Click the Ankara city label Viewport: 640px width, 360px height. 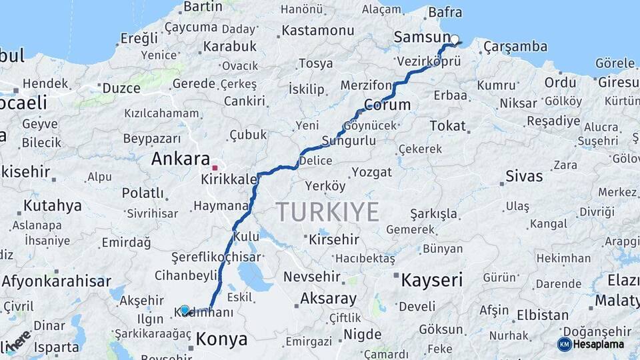click(x=181, y=159)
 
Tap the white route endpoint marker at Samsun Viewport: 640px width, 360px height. click(x=455, y=39)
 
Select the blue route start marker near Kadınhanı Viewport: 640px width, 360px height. click(x=185, y=310)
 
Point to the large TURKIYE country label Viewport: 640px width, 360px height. click(x=328, y=212)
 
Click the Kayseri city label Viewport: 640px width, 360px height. click(x=431, y=280)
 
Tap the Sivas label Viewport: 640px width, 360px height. click(x=524, y=177)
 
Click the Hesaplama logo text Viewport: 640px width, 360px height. click(x=598, y=344)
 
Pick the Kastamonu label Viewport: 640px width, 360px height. click(x=317, y=31)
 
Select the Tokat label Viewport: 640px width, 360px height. click(x=447, y=125)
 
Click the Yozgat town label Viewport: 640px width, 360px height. click(x=371, y=172)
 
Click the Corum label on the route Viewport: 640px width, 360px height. click(x=387, y=105)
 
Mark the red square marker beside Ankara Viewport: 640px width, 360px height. click(x=215, y=168)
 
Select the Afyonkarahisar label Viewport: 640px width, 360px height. click(x=56, y=281)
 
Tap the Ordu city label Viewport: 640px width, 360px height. click(x=560, y=82)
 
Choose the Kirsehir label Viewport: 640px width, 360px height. click(x=333, y=239)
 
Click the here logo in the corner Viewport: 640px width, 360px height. click(x=18, y=340)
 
